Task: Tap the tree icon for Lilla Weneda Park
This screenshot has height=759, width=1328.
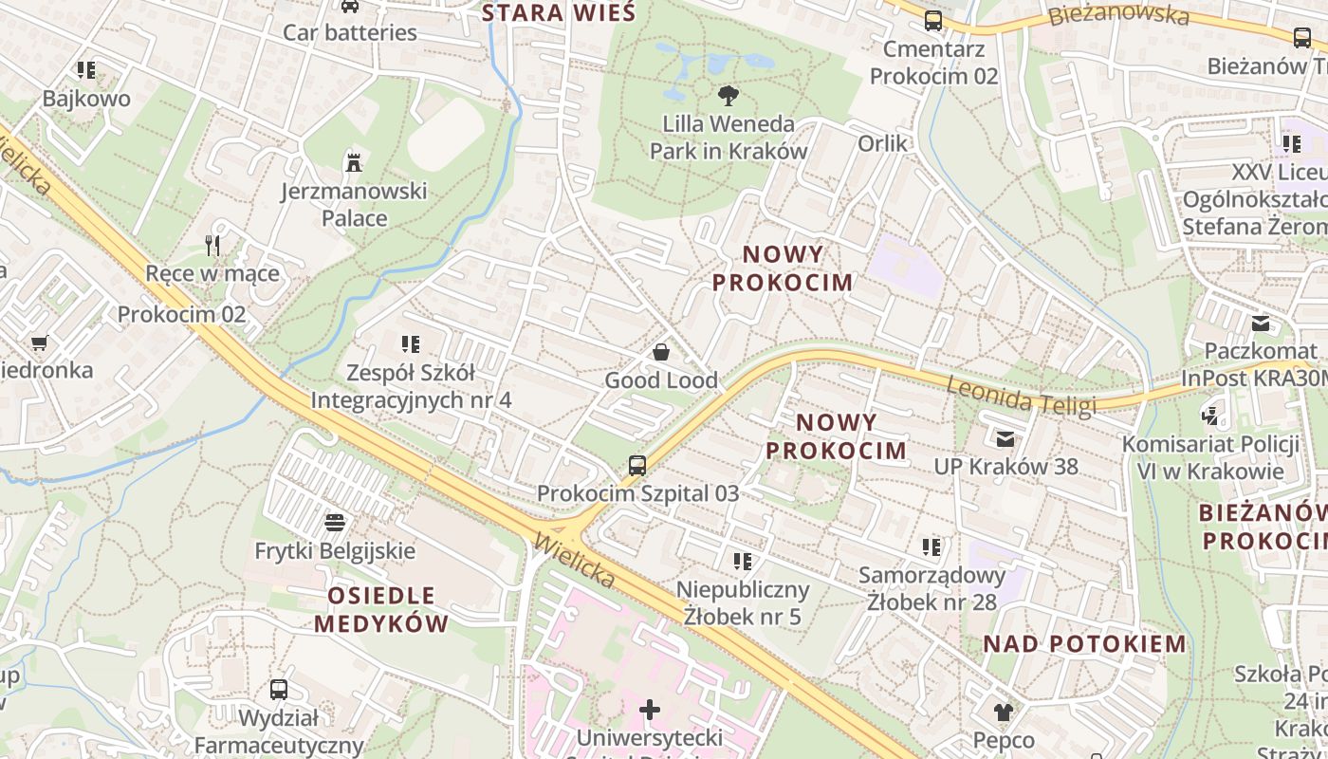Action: pos(729,94)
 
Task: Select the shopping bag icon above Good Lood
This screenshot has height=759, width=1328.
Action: pos(661,352)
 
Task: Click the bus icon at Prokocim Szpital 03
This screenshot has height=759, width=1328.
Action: pos(637,465)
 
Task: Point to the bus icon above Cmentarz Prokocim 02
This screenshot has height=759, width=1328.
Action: pos(933,20)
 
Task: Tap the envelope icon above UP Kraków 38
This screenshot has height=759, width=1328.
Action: pos(1005,438)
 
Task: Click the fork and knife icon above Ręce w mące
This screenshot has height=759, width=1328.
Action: pos(212,246)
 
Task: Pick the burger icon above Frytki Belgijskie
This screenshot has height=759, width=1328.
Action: pos(334,522)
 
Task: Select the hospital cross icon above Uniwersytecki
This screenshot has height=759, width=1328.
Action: pos(650,709)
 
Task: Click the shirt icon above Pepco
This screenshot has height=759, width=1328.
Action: pos(1004,712)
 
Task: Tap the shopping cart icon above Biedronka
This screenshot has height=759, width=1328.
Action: pos(39,342)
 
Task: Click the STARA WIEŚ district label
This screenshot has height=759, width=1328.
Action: pos(558,13)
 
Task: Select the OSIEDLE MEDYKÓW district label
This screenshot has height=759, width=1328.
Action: pos(381,609)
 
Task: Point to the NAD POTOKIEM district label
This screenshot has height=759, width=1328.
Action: pos(1084,643)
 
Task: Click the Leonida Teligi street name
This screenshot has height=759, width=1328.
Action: pos(1021,395)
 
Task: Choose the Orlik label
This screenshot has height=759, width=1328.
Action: pos(882,142)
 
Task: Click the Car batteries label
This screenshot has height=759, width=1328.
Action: pos(350,32)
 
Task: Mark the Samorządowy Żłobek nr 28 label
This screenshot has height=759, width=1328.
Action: pos(931,588)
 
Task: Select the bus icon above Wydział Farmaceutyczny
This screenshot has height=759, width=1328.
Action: pos(279,690)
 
